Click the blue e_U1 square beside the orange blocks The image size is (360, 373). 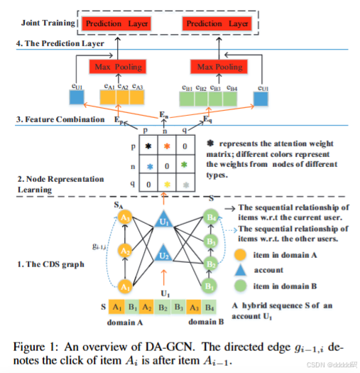(78, 97)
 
